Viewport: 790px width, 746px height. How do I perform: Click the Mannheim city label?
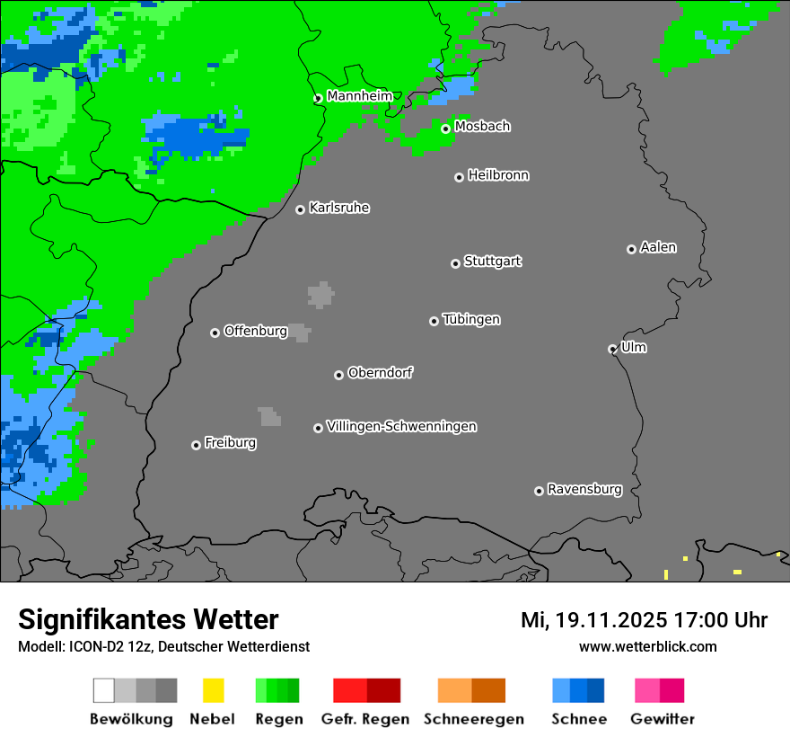(x=359, y=96)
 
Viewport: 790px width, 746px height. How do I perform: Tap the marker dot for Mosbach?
(x=445, y=129)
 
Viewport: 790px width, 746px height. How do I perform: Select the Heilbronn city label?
(x=498, y=175)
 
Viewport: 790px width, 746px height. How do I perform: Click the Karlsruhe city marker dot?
(x=301, y=209)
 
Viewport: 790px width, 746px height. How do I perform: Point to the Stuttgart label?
(x=492, y=262)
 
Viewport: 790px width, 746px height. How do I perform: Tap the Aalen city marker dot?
(x=631, y=249)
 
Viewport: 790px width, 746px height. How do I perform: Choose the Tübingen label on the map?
(x=471, y=320)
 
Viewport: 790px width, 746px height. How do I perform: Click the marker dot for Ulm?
(x=612, y=349)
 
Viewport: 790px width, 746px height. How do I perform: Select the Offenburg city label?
(x=256, y=331)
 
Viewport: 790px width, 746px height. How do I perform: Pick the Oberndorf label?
(x=380, y=373)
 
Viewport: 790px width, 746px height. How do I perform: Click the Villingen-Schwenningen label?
(x=401, y=426)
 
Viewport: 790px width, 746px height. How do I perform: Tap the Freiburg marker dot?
(x=196, y=445)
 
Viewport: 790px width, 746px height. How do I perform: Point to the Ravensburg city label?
(x=584, y=490)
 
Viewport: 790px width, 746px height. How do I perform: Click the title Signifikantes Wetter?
(x=148, y=619)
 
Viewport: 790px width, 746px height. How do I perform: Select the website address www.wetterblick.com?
(x=647, y=646)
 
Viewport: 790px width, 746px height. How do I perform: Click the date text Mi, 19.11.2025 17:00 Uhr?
(x=644, y=620)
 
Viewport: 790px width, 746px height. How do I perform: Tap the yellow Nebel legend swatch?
(x=213, y=690)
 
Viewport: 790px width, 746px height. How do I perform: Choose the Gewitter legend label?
(x=663, y=719)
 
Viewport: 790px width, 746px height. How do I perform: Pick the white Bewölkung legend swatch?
(x=104, y=690)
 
